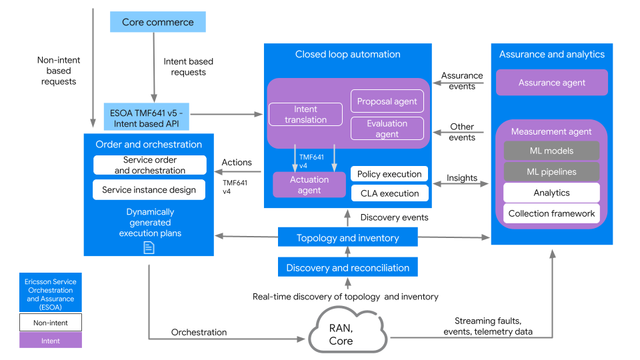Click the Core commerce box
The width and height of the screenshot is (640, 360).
click(x=157, y=22)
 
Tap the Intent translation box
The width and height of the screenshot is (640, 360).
click(x=305, y=114)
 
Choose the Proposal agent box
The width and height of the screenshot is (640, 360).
click(x=387, y=101)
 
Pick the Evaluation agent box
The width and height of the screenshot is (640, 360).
click(x=387, y=128)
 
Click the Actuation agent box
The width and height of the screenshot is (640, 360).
click(x=309, y=185)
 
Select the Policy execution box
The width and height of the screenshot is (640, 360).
click(x=389, y=174)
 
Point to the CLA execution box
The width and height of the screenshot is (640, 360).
click(x=389, y=193)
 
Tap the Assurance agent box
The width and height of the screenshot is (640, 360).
click(x=551, y=83)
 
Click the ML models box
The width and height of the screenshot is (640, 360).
click(x=551, y=151)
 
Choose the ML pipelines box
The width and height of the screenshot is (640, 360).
click(x=551, y=171)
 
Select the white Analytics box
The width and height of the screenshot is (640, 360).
click(x=551, y=193)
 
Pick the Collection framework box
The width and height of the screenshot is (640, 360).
click(x=551, y=213)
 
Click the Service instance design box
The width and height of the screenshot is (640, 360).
click(x=149, y=189)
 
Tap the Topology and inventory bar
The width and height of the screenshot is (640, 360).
click(x=347, y=237)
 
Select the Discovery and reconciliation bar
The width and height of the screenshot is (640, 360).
click(x=347, y=267)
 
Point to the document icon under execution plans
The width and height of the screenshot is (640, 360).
click(x=149, y=247)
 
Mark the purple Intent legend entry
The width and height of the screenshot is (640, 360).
click(x=51, y=340)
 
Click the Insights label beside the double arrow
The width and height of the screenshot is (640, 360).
click(x=462, y=178)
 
